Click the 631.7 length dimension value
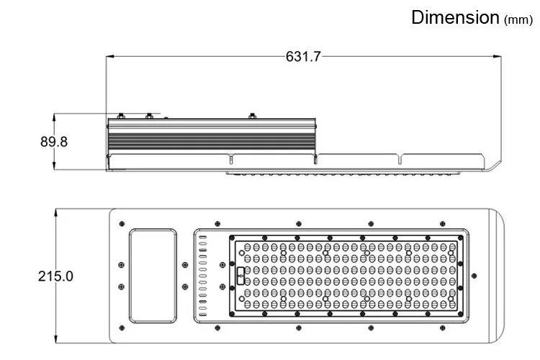click(303, 56)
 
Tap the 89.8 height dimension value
click(54, 142)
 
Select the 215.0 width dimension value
click(55, 276)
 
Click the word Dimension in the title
click(455, 17)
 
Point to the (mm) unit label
click(518, 19)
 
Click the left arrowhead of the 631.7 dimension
click(110, 56)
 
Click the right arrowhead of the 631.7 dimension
click(497, 56)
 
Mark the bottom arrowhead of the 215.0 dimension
click(55, 339)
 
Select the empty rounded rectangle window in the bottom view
click(153, 276)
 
